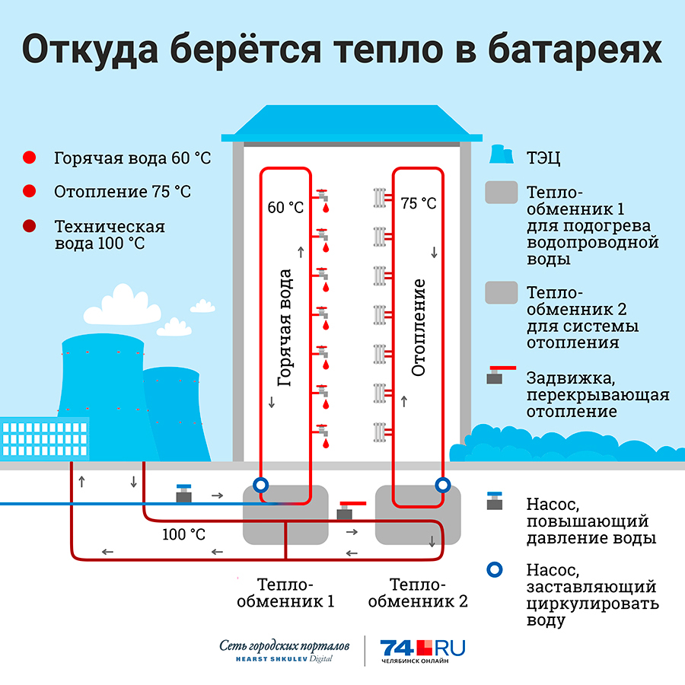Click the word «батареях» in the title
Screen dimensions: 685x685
(x=575, y=49)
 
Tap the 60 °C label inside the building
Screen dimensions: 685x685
(x=285, y=208)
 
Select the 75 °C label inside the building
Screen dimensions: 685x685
(x=419, y=203)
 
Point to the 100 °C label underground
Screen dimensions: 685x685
(x=183, y=534)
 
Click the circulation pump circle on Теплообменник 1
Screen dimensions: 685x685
(x=261, y=485)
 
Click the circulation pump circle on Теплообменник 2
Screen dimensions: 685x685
(x=442, y=485)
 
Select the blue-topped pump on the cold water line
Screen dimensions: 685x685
(x=184, y=493)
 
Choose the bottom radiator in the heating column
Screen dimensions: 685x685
(x=380, y=432)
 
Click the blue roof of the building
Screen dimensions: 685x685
(x=352, y=123)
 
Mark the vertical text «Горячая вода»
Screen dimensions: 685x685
(x=285, y=327)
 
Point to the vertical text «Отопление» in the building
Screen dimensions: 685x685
(x=418, y=327)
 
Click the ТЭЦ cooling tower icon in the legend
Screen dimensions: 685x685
(x=501, y=155)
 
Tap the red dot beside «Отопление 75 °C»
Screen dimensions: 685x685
(x=29, y=191)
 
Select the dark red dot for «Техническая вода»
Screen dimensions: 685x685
(x=29, y=226)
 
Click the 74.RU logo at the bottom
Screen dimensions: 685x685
(x=422, y=651)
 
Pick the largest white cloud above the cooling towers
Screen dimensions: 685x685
(x=123, y=306)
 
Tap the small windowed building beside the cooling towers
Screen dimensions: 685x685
(x=45, y=438)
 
